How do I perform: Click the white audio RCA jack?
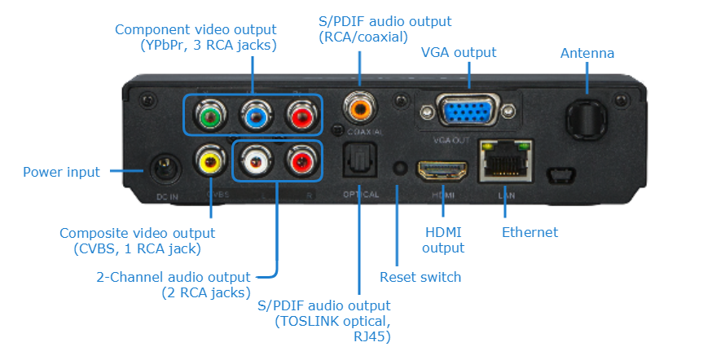tap(255, 162)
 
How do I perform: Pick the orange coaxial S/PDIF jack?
tap(359, 106)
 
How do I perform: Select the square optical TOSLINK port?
tap(359, 162)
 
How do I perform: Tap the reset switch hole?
tap(399, 168)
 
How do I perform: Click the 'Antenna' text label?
tap(587, 54)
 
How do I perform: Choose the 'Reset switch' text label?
tap(420, 277)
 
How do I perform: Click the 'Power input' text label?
tap(61, 172)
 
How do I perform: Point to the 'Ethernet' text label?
tap(530, 232)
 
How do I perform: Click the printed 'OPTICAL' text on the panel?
tap(359, 195)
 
